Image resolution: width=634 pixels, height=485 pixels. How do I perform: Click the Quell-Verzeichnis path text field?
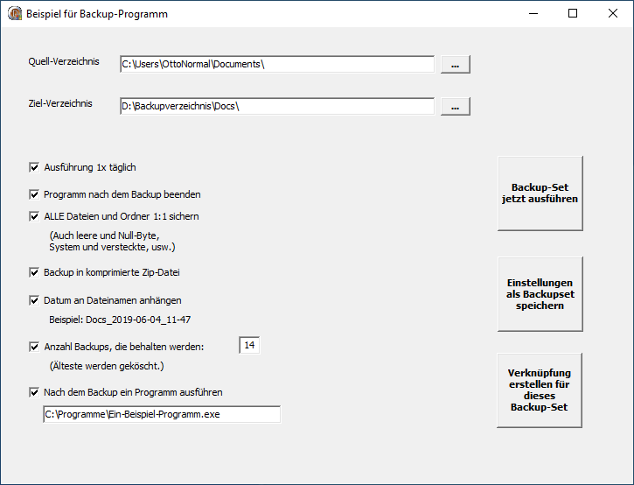tap(277, 65)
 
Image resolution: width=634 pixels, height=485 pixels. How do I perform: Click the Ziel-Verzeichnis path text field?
tap(277, 107)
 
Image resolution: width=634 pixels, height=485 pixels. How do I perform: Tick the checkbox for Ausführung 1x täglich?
tap(34, 167)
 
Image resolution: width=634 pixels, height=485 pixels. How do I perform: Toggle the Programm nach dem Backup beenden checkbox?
tap(34, 194)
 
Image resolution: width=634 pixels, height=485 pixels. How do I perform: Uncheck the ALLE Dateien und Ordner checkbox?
tap(34, 216)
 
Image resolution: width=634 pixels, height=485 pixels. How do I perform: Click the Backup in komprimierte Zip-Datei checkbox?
tap(34, 272)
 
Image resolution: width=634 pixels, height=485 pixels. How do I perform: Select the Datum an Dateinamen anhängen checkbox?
tap(34, 301)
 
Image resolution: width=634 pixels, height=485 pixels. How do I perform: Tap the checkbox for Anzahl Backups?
tap(34, 347)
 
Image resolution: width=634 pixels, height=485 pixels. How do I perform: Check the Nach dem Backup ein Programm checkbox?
tap(34, 392)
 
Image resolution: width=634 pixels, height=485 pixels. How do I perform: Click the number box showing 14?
tap(249, 345)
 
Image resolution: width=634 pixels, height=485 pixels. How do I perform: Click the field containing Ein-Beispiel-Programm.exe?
tap(162, 415)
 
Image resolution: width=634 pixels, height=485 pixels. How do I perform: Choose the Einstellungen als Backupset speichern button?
tap(540, 294)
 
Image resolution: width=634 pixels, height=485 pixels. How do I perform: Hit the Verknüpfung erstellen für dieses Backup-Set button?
tap(540, 390)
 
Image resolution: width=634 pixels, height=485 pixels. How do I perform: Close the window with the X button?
tap(613, 13)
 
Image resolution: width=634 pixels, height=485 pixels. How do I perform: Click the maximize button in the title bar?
tap(573, 13)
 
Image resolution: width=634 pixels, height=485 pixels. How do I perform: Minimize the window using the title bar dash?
tap(533, 13)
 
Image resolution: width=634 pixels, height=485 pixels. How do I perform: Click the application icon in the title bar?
tap(15, 13)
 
